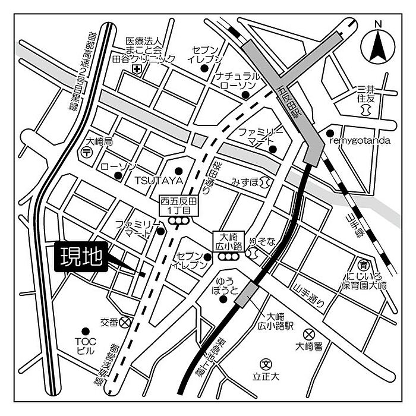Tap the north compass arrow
pyautogui.click(x=377, y=45)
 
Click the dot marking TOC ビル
pyautogui.click(x=86, y=330)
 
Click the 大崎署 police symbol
pyautogui.click(x=308, y=334)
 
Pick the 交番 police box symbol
pyautogui.click(x=125, y=322)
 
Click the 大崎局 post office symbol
pyautogui.click(x=86, y=153)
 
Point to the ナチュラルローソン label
pyautogui.click(x=238, y=81)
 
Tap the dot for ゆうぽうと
pyautogui.click(x=225, y=300)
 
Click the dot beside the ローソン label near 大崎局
pyautogui.click(x=118, y=176)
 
